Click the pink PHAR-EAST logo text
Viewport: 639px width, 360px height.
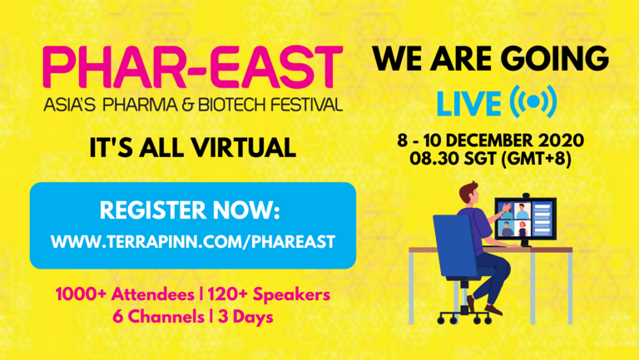tap(192, 67)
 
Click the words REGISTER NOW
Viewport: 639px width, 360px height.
tap(190, 210)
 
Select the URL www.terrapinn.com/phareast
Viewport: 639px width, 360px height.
tap(193, 242)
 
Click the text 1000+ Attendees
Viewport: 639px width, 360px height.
tap(125, 294)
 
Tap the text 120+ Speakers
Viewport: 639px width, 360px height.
tap(269, 295)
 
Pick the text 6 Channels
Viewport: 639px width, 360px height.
tap(159, 317)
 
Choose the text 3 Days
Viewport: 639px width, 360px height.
tap(245, 317)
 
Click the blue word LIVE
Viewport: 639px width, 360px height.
tap(468, 104)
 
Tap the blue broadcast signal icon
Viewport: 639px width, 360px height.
tap(533, 101)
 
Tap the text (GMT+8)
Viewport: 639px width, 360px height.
tap(536, 159)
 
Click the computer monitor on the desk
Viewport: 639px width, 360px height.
tap(525, 219)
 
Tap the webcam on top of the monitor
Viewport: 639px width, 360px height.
tap(526, 195)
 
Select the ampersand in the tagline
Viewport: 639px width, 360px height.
tap(187, 105)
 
